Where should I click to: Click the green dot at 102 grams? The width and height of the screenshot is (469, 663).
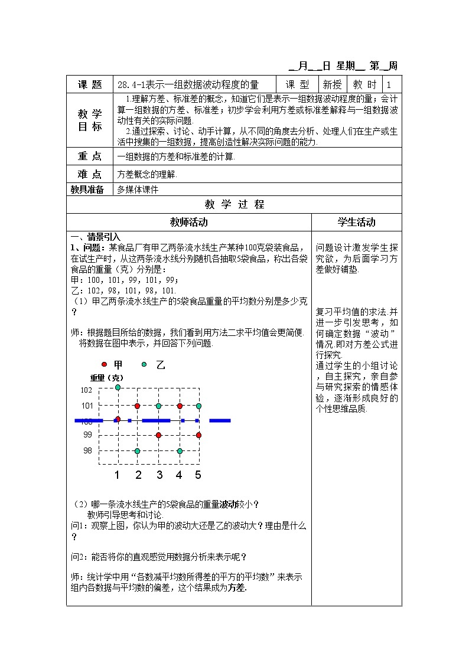tap(118, 387)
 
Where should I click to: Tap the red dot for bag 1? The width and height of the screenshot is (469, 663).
tap(118, 419)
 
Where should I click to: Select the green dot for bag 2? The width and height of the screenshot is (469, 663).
tap(137, 451)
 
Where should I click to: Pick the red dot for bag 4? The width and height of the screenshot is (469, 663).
tap(180, 406)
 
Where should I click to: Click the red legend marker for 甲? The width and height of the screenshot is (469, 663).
tap(105, 365)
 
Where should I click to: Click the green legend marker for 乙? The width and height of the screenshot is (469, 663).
tap(144, 365)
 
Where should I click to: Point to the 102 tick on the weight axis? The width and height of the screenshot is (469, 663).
tap(86, 390)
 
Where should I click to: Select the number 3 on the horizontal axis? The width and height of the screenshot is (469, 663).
tap(159, 475)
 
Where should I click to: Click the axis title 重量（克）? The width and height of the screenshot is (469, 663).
tap(107, 377)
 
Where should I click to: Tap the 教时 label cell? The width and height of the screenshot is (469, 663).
tap(364, 85)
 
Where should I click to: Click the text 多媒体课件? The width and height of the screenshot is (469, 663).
tap(138, 190)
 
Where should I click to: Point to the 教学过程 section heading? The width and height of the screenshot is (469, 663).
tap(234, 205)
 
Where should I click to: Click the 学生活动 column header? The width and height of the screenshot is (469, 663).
tap(356, 222)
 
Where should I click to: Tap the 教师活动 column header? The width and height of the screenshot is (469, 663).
tap(189, 222)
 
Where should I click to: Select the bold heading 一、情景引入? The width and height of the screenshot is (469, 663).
tap(95, 236)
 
